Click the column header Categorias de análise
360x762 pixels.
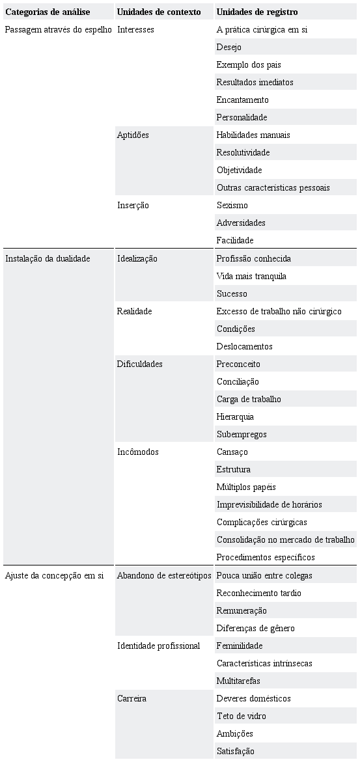click(48, 12)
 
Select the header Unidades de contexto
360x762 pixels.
click(159, 12)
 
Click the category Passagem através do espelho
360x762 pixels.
click(59, 30)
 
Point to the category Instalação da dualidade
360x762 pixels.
click(48, 258)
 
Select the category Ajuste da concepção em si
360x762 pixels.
click(54, 575)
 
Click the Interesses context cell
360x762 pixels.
click(135, 30)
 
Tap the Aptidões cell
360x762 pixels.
click(133, 135)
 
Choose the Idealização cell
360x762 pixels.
click(137, 258)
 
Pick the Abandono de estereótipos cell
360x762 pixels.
click(164, 575)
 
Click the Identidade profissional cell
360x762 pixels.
click(158, 646)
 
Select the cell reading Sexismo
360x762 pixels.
click(232, 205)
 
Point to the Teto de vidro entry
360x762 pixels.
click(241, 716)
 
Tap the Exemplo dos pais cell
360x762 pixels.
click(249, 65)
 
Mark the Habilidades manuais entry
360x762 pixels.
click(253, 135)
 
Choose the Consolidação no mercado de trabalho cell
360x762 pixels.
click(285, 539)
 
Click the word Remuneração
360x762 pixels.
click(242, 610)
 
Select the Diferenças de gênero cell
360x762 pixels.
click(255, 628)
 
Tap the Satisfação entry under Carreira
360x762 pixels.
click(235, 751)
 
